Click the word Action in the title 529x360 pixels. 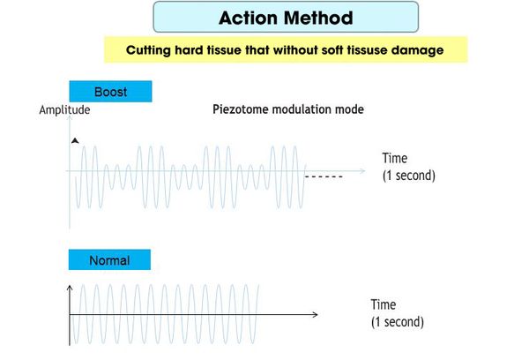click(x=248, y=18)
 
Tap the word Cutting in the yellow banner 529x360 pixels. click(x=148, y=50)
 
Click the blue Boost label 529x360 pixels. click(x=111, y=92)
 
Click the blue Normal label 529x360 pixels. click(x=109, y=260)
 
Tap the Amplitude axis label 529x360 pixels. click(x=64, y=109)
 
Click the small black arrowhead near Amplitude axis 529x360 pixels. click(x=75, y=140)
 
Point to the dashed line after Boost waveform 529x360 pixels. click(x=324, y=176)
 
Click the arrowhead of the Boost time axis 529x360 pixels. click(x=362, y=171)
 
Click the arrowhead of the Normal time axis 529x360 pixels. click(x=315, y=315)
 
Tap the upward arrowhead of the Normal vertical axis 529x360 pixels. click(x=70, y=288)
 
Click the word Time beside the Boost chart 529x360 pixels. click(x=394, y=158)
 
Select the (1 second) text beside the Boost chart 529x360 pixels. click(x=409, y=176)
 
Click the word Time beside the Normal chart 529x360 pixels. click(x=384, y=304)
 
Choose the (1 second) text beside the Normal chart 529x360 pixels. click(x=398, y=322)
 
